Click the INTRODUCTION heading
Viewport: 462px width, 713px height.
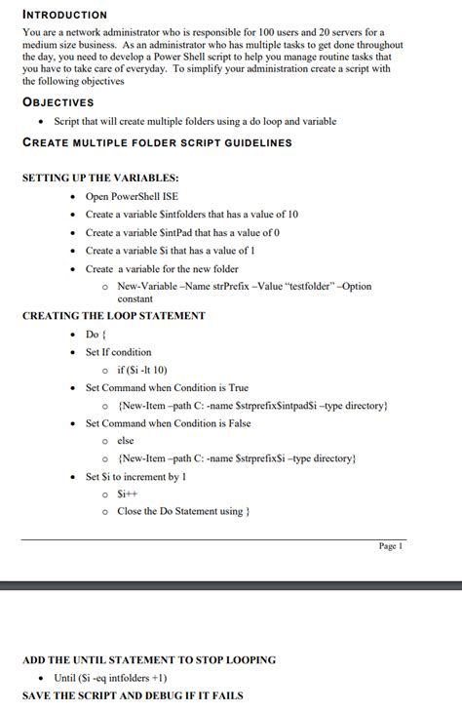pos(64,15)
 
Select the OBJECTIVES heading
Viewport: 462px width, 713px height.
pos(58,100)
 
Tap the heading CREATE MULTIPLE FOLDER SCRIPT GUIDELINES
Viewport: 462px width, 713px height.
pos(156,142)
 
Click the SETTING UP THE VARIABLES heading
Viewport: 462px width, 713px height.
pos(99,178)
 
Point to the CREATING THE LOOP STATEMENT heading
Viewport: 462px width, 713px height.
pos(113,316)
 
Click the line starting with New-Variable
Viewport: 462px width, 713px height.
pos(244,286)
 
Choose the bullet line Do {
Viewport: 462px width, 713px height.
pos(96,335)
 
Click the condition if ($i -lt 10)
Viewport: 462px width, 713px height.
pos(142,370)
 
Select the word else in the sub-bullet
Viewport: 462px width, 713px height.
pos(126,441)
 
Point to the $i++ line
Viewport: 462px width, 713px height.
pos(128,495)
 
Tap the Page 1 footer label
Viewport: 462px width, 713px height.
pos(390,546)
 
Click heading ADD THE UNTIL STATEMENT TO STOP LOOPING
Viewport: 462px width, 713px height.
pos(148,660)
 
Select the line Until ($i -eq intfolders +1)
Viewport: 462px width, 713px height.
pos(109,678)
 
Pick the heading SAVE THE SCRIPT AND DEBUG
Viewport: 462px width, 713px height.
pos(133,695)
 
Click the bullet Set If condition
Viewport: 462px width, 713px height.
pos(118,352)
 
